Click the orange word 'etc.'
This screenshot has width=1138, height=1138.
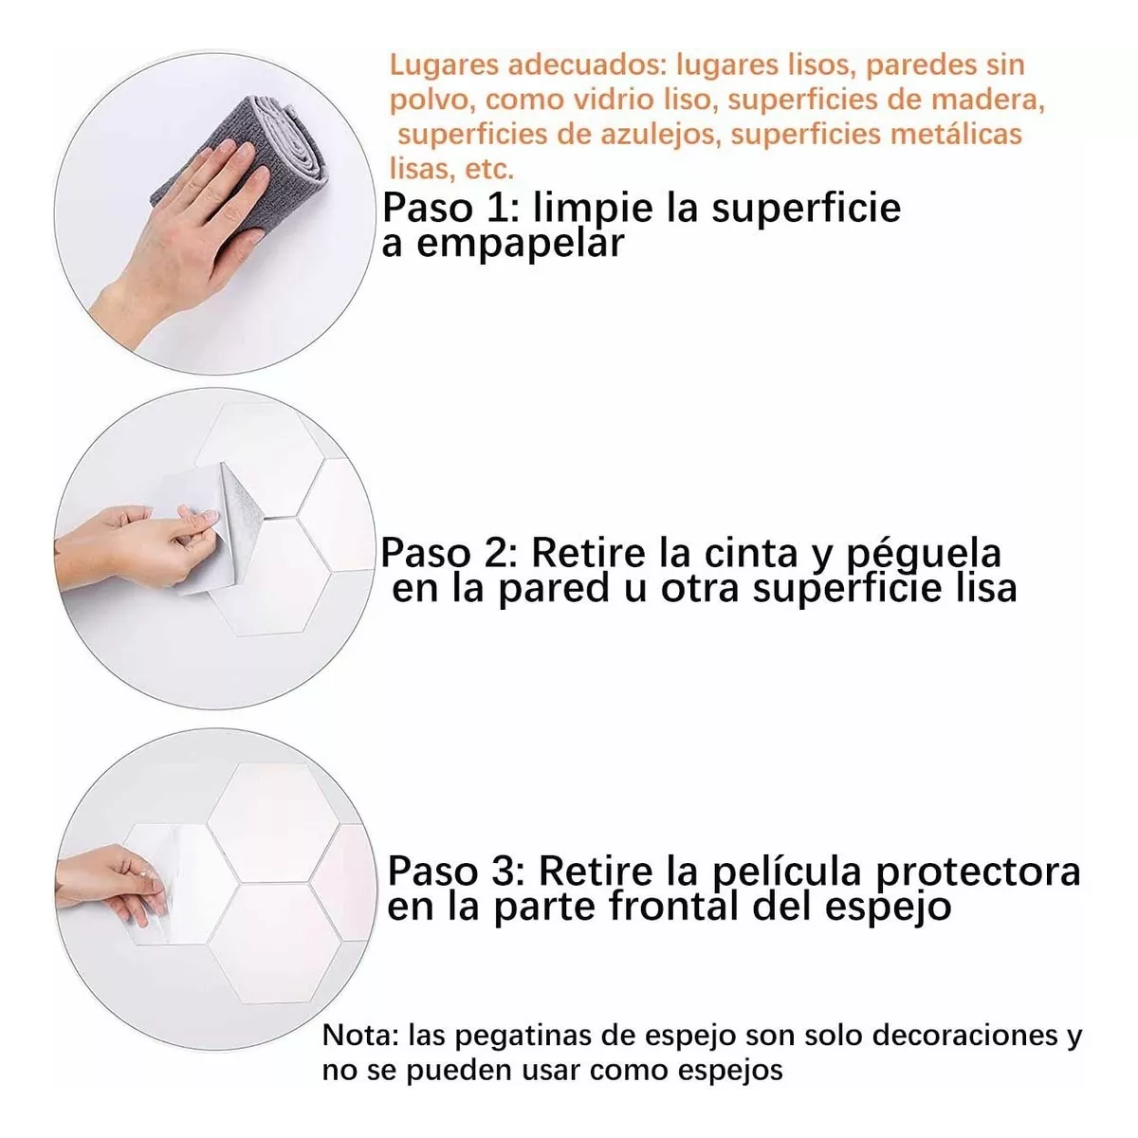pos(489,169)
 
